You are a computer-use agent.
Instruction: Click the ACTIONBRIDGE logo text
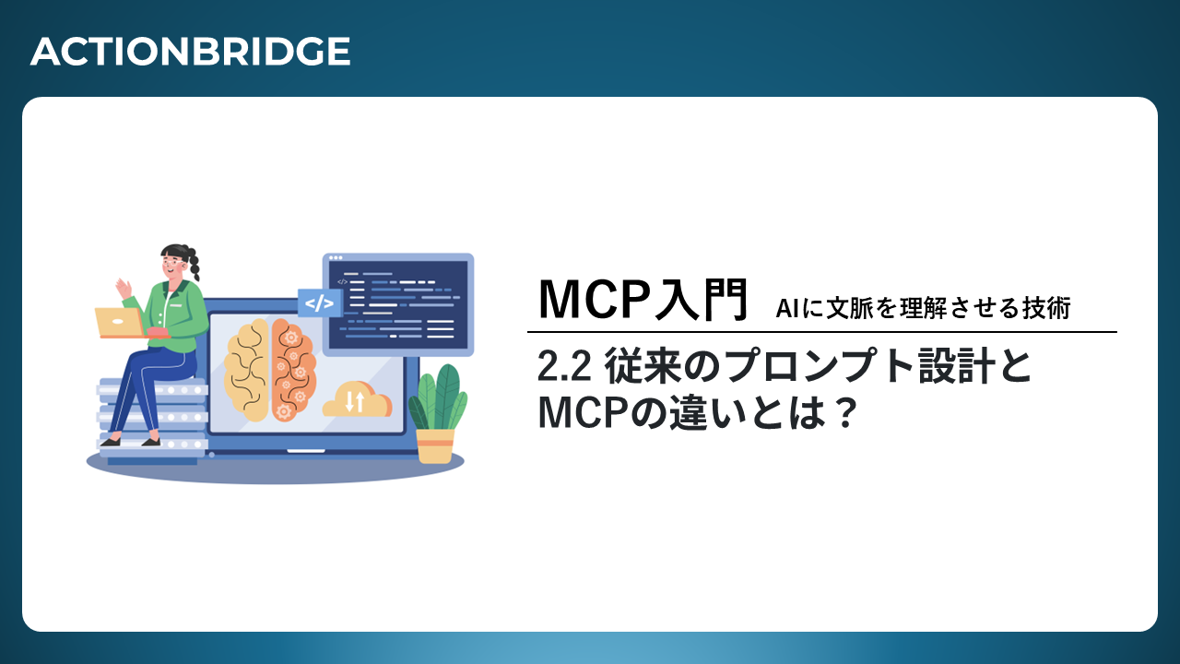tap(190, 52)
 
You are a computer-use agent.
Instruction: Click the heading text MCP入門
tap(643, 300)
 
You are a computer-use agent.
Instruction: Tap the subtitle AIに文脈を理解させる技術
tap(923, 308)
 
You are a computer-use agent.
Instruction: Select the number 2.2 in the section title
tap(564, 367)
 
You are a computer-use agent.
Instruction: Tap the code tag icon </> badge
tap(320, 303)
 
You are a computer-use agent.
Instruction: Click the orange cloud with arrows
tap(357, 399)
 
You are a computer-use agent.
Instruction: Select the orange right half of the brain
tap(293, 370)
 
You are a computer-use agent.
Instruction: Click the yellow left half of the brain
tap(247, 370)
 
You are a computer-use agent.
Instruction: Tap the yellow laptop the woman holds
tap(120, 323)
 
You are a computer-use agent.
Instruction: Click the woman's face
tap(173, 265)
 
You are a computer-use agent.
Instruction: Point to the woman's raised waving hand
tap(124, 289)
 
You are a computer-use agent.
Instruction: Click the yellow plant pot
tap(434, 446)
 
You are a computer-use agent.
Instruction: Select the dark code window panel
tap(398, 305)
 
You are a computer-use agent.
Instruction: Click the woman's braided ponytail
tap(194, 263)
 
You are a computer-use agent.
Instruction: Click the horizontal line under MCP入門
tap(821, 332)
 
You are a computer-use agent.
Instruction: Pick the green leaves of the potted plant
tap(438, 397)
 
